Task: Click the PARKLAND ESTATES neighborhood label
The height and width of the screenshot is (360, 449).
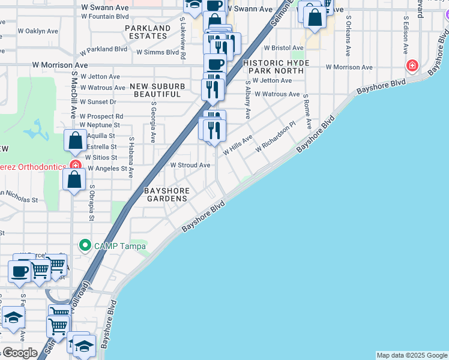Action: tap(147, 32)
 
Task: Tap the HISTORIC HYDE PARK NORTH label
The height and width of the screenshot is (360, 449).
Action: tap(276, 67)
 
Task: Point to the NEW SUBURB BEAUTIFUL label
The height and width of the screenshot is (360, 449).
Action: tap(157, 91)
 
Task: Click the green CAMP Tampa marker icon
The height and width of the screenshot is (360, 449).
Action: tap(85, 245)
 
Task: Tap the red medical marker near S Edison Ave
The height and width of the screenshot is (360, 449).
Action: tap(412, 65)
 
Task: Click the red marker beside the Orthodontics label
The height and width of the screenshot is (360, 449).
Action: tap(75, 165)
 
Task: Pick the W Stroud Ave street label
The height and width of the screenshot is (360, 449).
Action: tap(190, 165)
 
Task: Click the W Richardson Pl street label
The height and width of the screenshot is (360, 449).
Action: tap(276, 137)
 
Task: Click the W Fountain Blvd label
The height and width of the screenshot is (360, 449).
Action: tap(108, 17)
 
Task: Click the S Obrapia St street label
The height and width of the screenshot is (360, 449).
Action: tap(92, 202)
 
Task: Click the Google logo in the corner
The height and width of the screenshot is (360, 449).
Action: tap(19, 352)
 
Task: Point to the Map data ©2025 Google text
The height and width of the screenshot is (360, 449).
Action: tap(412, 355)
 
